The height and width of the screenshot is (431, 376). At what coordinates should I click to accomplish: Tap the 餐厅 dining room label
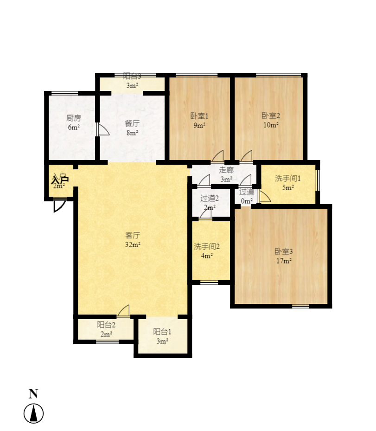coord(132,123)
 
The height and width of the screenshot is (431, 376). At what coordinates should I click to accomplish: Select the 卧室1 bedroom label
coord(199,116)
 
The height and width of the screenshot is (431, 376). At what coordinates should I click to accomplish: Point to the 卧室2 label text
coord(271,116)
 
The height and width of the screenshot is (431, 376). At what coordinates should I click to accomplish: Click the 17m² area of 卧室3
coord(284,261)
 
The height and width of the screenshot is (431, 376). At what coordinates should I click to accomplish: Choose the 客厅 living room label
coord(133,235)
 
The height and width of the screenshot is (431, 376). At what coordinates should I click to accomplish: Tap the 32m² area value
coord(133,244)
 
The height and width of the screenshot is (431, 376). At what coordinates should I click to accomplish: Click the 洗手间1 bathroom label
coord(288,178)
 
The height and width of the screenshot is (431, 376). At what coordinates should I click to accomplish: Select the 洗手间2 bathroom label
coord(207,246)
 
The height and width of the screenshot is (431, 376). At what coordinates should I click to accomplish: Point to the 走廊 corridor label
coord(226,170)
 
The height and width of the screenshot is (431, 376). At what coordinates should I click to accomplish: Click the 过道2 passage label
coord(210,198)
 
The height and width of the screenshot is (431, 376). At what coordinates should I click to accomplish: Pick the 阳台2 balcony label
coord(106,325)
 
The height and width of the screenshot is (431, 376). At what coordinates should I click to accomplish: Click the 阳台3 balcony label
coord(132,77)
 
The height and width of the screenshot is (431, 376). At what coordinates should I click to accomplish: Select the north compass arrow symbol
coord(33,413)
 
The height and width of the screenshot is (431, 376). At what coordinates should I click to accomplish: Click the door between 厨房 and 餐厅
coord(102,129)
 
